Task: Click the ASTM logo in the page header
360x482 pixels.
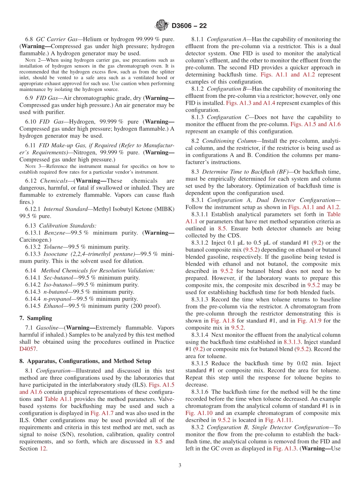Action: pos(161,26)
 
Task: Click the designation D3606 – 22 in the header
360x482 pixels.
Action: pos(189,26)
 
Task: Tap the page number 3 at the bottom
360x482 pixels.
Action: pos(180,465)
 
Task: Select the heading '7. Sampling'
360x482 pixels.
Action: pos(36,318)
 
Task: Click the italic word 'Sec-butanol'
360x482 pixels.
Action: pos(57,278)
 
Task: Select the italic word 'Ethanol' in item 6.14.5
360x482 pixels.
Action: pos(53,306)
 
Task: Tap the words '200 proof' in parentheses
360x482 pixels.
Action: pos(146,306)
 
